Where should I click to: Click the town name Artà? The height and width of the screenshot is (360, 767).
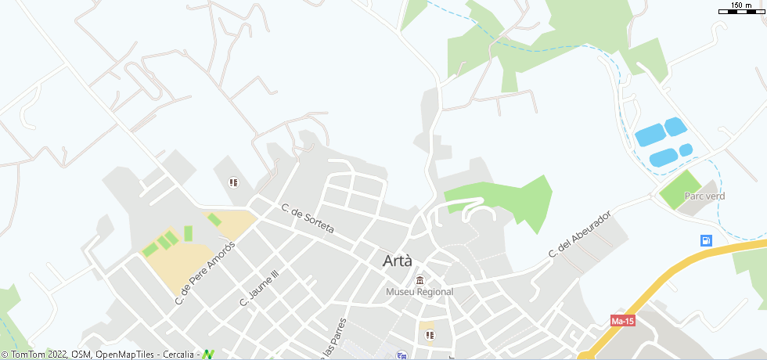[398, 261]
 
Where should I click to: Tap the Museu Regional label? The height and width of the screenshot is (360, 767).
[420, 292]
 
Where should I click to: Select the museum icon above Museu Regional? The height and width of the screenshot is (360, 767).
[420, 281]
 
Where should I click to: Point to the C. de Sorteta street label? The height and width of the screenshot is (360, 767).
[308, 219]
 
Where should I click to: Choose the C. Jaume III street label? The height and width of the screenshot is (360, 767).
[259, 290]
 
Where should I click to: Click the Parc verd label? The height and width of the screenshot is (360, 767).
[704, 196]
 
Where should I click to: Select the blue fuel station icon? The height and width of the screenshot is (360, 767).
[706, 240]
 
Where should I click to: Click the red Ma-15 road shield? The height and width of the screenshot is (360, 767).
[622, 321]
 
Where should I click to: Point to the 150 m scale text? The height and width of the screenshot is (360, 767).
[741, 5]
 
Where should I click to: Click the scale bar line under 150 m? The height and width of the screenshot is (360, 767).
[741, 12]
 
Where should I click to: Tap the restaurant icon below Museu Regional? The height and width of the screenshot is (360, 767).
[428, 336]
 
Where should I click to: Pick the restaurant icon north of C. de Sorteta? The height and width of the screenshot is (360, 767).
[232, 182]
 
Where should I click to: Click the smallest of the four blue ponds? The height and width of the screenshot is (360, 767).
[686, 149]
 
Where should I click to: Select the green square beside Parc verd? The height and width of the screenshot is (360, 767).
[678, 189]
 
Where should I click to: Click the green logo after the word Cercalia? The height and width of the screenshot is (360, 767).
[207, 355]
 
